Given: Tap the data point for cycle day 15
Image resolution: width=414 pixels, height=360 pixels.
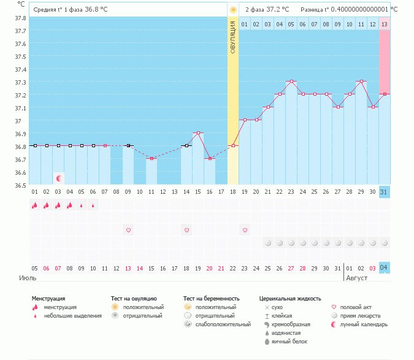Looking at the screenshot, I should point(197,132).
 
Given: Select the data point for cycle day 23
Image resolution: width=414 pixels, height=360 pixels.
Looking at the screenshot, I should point(291,81).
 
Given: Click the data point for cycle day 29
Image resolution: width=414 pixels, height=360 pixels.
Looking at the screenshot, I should point(361,81).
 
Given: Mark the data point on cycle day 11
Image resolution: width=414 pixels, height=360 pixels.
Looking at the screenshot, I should point(151,158).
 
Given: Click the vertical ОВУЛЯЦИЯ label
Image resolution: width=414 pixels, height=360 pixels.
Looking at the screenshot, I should point(233,37).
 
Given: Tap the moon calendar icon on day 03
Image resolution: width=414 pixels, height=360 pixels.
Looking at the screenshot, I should point(59,178).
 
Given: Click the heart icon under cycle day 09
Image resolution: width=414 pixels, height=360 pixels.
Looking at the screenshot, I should point(128,230).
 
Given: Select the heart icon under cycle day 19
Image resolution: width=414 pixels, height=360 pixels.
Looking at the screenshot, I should point(245,230).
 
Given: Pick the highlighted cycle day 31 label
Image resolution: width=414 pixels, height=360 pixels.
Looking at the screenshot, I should point(384,192).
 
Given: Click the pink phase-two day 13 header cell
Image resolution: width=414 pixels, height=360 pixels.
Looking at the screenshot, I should point(384,24).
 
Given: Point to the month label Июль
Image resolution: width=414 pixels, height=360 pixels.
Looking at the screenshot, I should point(28,278).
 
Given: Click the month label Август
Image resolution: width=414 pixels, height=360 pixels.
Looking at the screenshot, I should point(358,278).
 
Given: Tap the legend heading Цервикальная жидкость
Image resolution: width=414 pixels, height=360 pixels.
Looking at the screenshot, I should point(290,299).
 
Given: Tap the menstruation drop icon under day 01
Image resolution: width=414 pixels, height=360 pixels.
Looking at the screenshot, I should point(35,206).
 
